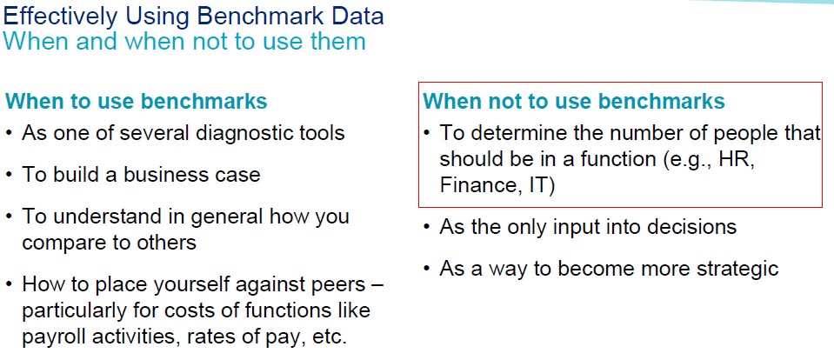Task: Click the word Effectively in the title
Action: click(x=60, y=16)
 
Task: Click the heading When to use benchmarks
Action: click(x=137, y=101)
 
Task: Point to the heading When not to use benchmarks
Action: click(x=574, y=101)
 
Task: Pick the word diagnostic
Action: click(x=244, y=132)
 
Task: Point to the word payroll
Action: click(x=52, y=337)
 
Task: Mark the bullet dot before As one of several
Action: click(x=10, y=133)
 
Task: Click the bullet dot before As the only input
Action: click(x=427, y=228)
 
